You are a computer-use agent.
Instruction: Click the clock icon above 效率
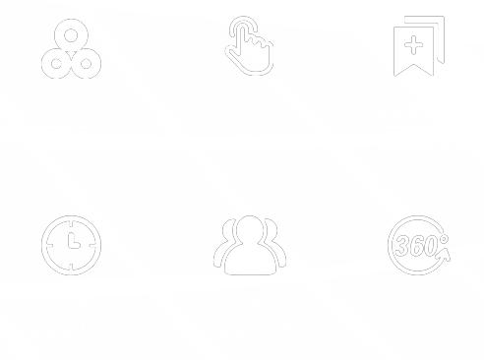click(72, 243)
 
